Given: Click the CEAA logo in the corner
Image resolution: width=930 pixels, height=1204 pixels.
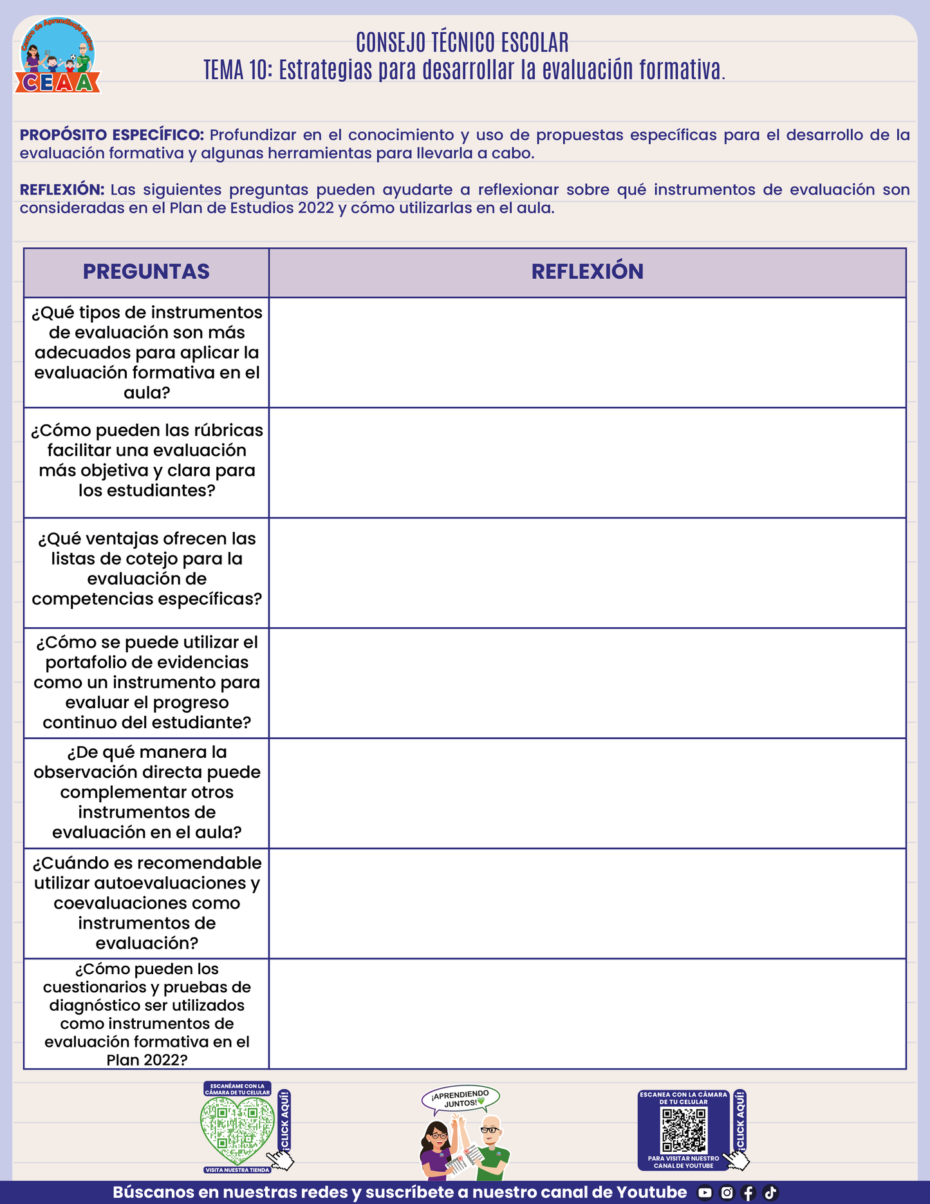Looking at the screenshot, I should [58, 57].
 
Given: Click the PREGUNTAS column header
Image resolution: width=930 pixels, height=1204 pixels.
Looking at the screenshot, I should [146, 272].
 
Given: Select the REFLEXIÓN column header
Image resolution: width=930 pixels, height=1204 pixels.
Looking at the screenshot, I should [587, 272].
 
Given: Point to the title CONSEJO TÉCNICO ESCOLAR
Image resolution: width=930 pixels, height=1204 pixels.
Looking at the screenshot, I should [462, 42].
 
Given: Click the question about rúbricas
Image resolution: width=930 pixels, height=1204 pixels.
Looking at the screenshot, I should [147, 460].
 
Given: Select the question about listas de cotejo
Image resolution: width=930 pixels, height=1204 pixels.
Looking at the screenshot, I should [147, 569].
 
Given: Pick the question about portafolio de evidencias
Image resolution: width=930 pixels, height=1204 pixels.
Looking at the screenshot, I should [147, 682].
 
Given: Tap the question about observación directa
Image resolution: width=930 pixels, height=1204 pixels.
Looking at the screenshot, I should [147, 792].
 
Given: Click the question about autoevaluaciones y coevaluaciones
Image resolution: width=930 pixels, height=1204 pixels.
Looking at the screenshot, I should [147, 903].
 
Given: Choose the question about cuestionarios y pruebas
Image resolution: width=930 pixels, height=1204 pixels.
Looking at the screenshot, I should [147, 1014].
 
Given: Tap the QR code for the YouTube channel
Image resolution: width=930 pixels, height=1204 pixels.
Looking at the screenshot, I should [684, 1130].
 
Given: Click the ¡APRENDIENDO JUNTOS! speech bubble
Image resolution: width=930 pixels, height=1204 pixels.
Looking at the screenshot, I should [461, 1098].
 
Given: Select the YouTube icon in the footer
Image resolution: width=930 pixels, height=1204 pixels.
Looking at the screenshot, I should [705, 1192].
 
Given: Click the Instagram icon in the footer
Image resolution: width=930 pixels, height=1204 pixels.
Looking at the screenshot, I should [727, 1192].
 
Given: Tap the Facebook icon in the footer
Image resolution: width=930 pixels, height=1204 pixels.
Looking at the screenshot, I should [749, 1192].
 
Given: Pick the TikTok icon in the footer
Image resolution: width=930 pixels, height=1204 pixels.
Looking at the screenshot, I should [770, 1192].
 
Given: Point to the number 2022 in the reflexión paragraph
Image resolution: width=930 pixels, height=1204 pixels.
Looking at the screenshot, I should [315, 208].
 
